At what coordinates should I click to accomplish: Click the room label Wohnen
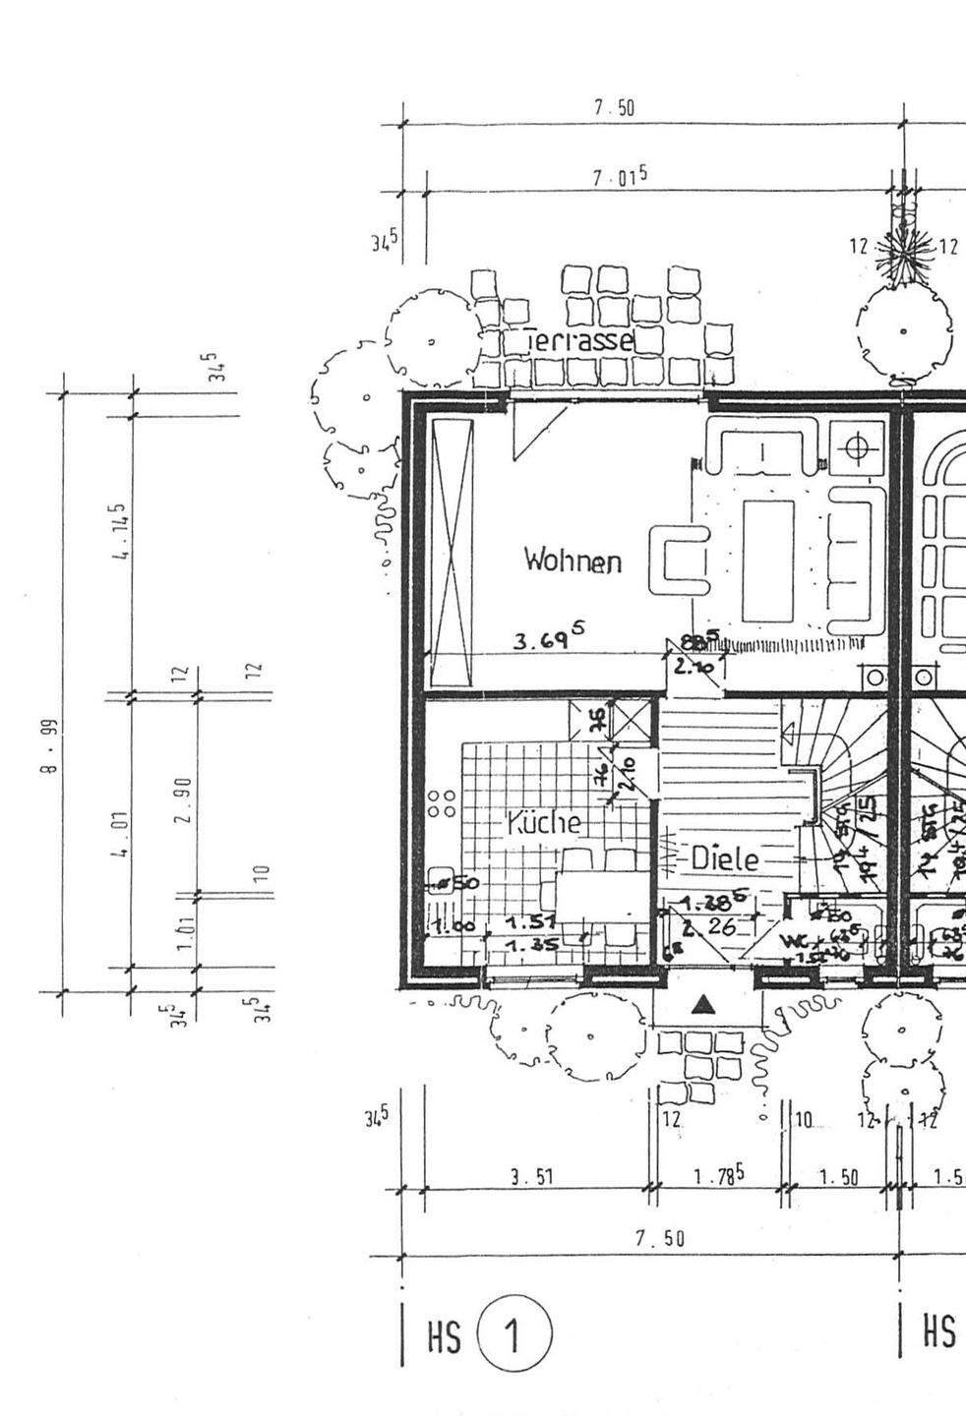pos(573,560)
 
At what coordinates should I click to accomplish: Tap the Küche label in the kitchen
pos(543,821)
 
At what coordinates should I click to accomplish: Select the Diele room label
pos(723,858)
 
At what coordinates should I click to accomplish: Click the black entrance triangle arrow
pos(702,1004)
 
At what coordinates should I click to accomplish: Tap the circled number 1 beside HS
pos(513,1334)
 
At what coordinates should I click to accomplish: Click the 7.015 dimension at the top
pos(620,177)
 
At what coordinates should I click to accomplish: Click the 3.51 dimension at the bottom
pos(531,1176)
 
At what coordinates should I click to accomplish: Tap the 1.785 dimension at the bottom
pos(718,1175)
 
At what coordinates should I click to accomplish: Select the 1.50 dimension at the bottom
pos(838,1177)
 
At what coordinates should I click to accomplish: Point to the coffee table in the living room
pos(767,560)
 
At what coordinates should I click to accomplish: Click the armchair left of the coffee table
pos(679,560)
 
